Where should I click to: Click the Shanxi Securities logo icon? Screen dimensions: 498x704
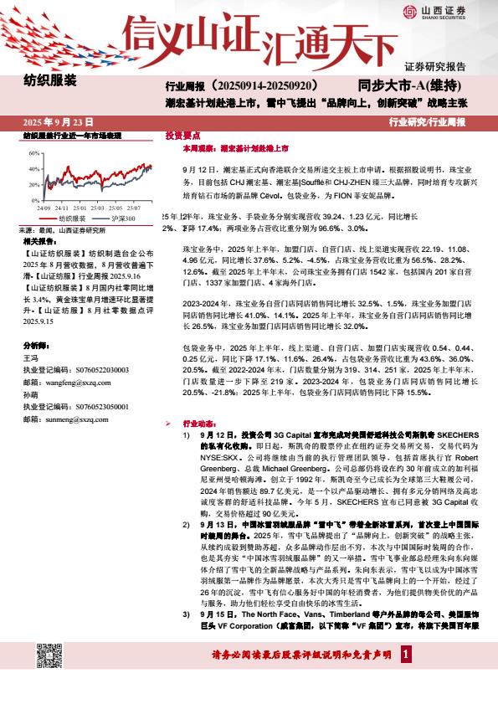point(409,11)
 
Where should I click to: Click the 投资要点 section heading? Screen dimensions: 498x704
point(182,134)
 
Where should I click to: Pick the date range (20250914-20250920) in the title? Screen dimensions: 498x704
point(264,86)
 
